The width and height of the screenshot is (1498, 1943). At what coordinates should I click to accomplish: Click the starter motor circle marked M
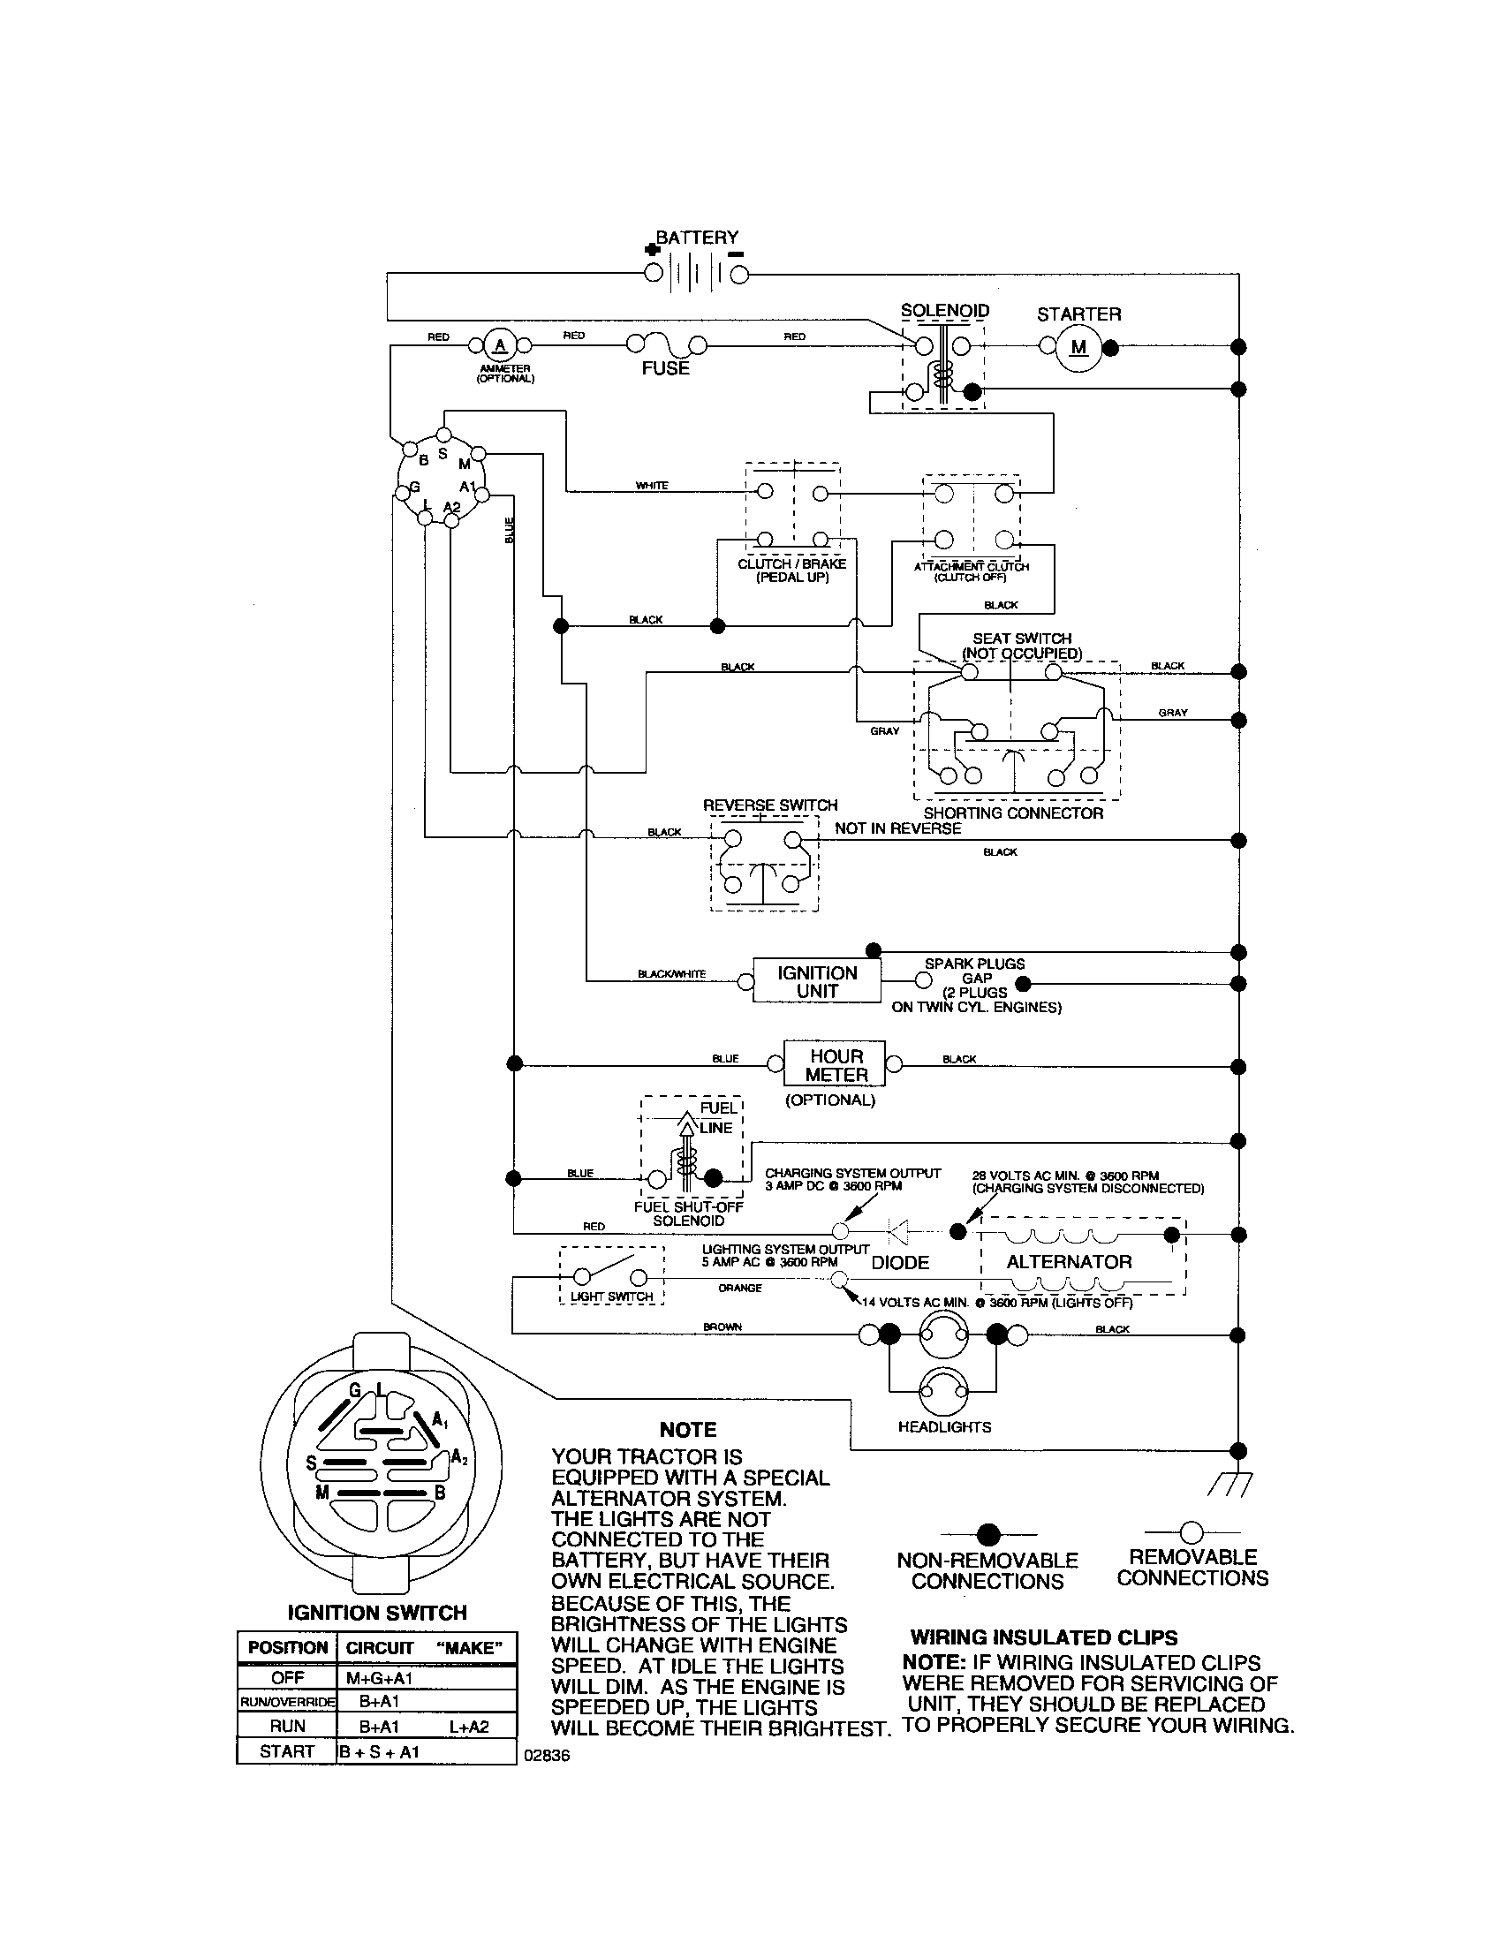[1078, 347]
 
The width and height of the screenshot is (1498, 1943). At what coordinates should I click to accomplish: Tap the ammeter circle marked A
[500, 345]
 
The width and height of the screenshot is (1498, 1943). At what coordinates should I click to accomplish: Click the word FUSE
[665, 368]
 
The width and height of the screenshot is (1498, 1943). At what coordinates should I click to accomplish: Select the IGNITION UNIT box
[817, 981]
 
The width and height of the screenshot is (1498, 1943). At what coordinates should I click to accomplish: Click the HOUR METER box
[835, 1065]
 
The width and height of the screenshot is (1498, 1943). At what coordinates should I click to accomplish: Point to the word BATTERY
[697, 238]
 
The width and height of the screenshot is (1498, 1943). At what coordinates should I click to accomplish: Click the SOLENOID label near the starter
[945, 311]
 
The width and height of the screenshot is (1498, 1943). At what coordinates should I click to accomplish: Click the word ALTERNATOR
[1069, 1261]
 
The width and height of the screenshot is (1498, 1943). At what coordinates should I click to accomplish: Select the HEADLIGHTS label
[944, 1427]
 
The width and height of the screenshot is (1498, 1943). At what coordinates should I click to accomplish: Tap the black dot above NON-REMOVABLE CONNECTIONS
[988, 1535]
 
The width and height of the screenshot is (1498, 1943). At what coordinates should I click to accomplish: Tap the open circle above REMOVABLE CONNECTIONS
[1192, 1532]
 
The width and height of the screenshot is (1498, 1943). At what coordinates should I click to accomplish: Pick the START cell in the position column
[286, 1750]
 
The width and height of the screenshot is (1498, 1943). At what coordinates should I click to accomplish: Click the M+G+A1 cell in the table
[380, 1678]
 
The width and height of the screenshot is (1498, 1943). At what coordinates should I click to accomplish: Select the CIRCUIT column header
[380, 1648]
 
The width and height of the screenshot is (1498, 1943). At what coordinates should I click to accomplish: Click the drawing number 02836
[547, 1756]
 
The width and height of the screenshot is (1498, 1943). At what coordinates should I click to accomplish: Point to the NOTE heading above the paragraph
[688, 1430]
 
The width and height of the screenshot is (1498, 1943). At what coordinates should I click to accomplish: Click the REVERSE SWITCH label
[769, 805]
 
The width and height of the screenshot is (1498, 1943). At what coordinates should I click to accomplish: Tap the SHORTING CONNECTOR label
[1012, 813]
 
